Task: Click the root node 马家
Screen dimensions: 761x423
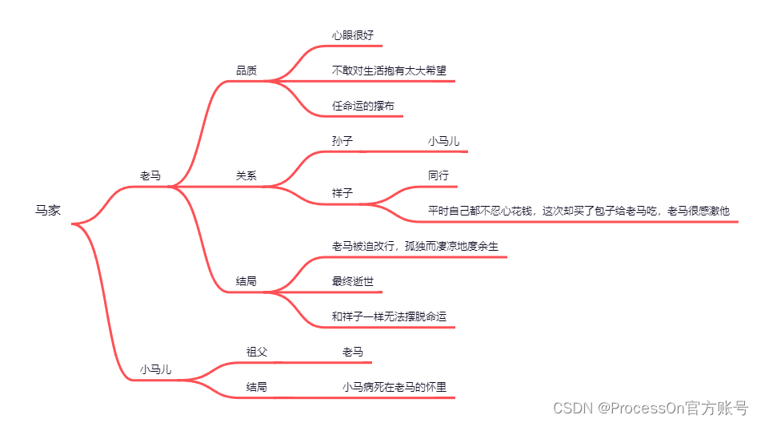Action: [x=48, y=211]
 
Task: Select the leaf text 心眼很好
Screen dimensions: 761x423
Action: [x=353, y=35]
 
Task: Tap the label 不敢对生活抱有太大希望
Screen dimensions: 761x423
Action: [x=389, y=70]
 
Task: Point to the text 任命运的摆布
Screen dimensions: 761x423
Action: [x=363, y=106]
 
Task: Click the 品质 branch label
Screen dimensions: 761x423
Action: [x=246, y=70]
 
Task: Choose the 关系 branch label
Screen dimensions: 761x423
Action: [x=246, y=176]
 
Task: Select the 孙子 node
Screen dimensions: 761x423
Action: [x=342, y=141]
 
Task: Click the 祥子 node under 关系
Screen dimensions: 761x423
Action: [x=342, y=193]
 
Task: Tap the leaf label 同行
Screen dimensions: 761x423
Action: [x=439, y=175]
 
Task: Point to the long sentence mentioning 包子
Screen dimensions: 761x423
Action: [x=579, y=211]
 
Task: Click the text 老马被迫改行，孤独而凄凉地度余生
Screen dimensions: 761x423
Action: [x=415, y=246]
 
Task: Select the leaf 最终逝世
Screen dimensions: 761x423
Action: [x=353, y=281]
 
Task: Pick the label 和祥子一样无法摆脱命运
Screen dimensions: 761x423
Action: [x=389, y=316]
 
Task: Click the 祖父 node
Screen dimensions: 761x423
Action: [x=257, y=352]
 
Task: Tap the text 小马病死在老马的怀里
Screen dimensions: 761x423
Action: [x=394, y=387]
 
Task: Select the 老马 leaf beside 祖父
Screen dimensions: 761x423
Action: [x=353, y=352]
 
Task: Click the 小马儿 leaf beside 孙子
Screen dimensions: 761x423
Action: [x=443, y=141]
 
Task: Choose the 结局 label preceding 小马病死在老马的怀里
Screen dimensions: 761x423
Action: [x=257, y=387]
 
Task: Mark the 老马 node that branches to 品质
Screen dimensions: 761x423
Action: [x=150, y=176]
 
